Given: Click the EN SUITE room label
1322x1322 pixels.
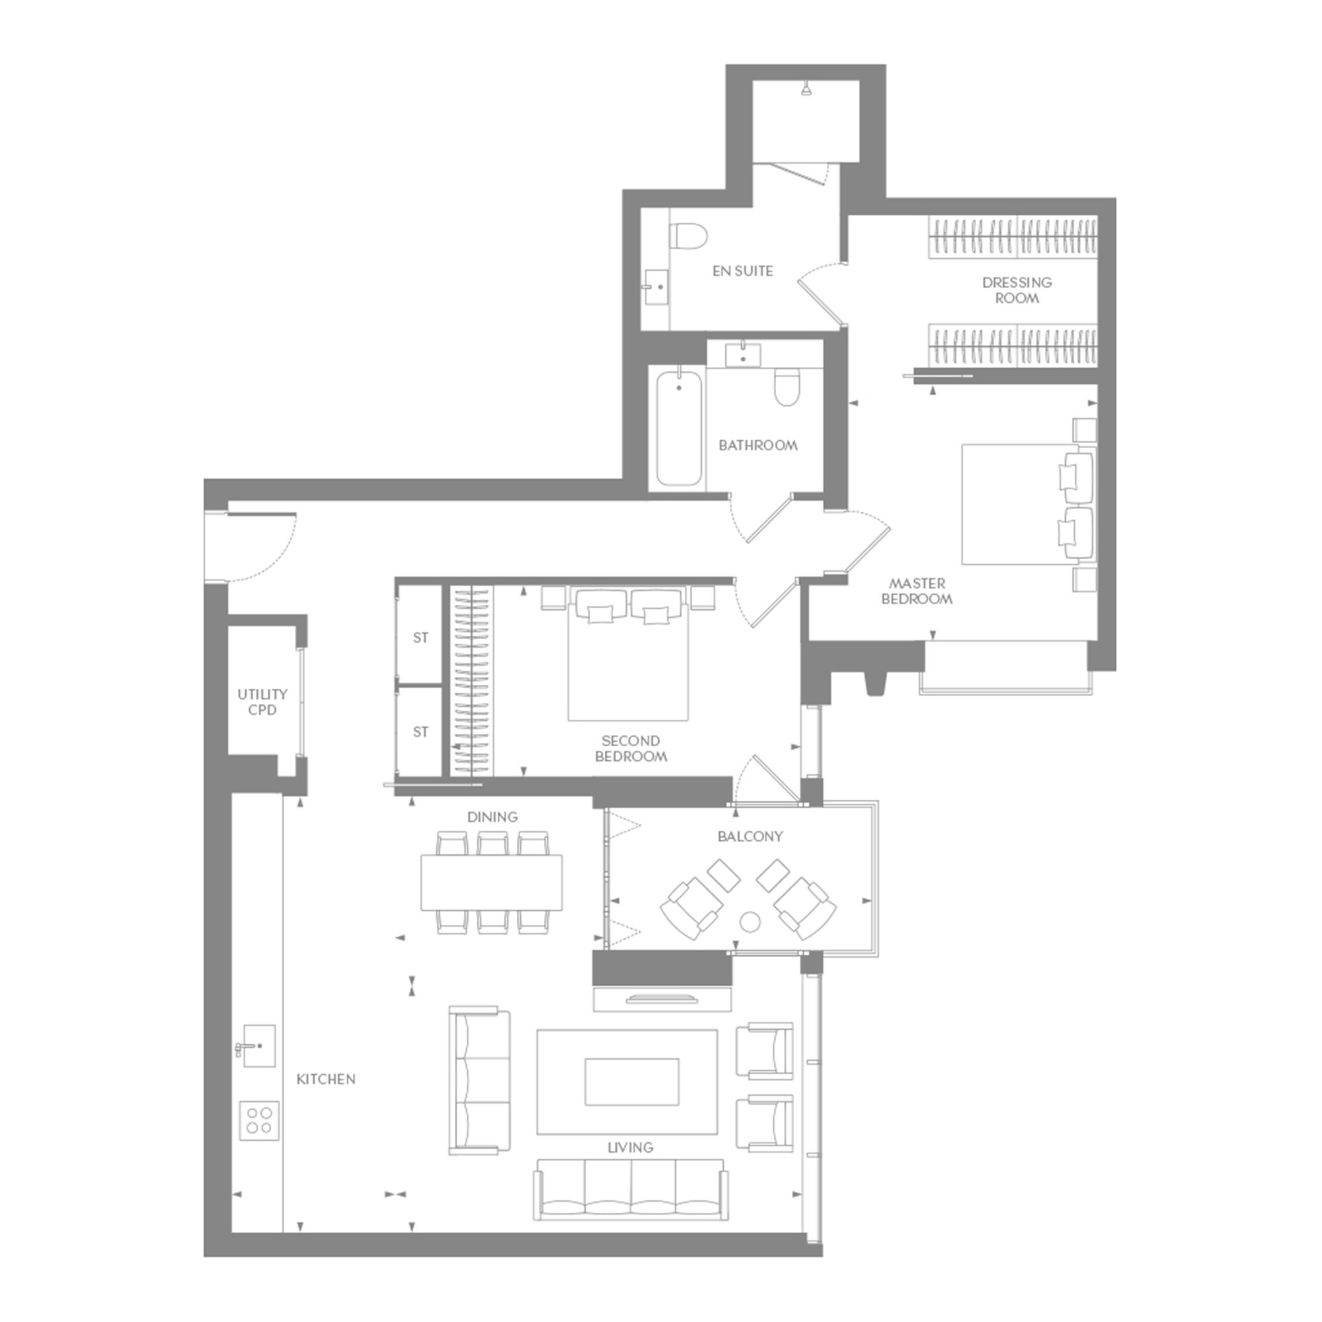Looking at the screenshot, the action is point(742,271).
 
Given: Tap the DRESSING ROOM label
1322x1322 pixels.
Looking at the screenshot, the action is point(1017,290).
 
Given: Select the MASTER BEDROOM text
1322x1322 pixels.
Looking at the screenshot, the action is point(917,591).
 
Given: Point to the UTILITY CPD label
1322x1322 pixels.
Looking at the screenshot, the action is point(262,702).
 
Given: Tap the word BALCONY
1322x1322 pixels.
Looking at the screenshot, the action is point(751,836).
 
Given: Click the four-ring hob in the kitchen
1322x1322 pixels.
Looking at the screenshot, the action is point(259,1121).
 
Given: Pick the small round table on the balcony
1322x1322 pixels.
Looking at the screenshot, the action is point(751,922).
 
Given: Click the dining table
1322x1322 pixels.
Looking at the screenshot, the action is point(492,882).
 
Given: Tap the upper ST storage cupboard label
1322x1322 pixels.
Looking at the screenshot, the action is point(420,638).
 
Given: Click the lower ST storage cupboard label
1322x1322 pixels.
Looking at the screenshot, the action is point(420,732).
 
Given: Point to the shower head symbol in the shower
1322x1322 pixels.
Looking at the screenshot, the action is point(808,90).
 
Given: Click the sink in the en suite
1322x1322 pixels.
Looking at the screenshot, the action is point(657,288).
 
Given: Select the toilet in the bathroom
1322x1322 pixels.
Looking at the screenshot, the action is point(787,387).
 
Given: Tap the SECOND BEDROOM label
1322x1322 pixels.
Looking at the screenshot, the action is point(630,749).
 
